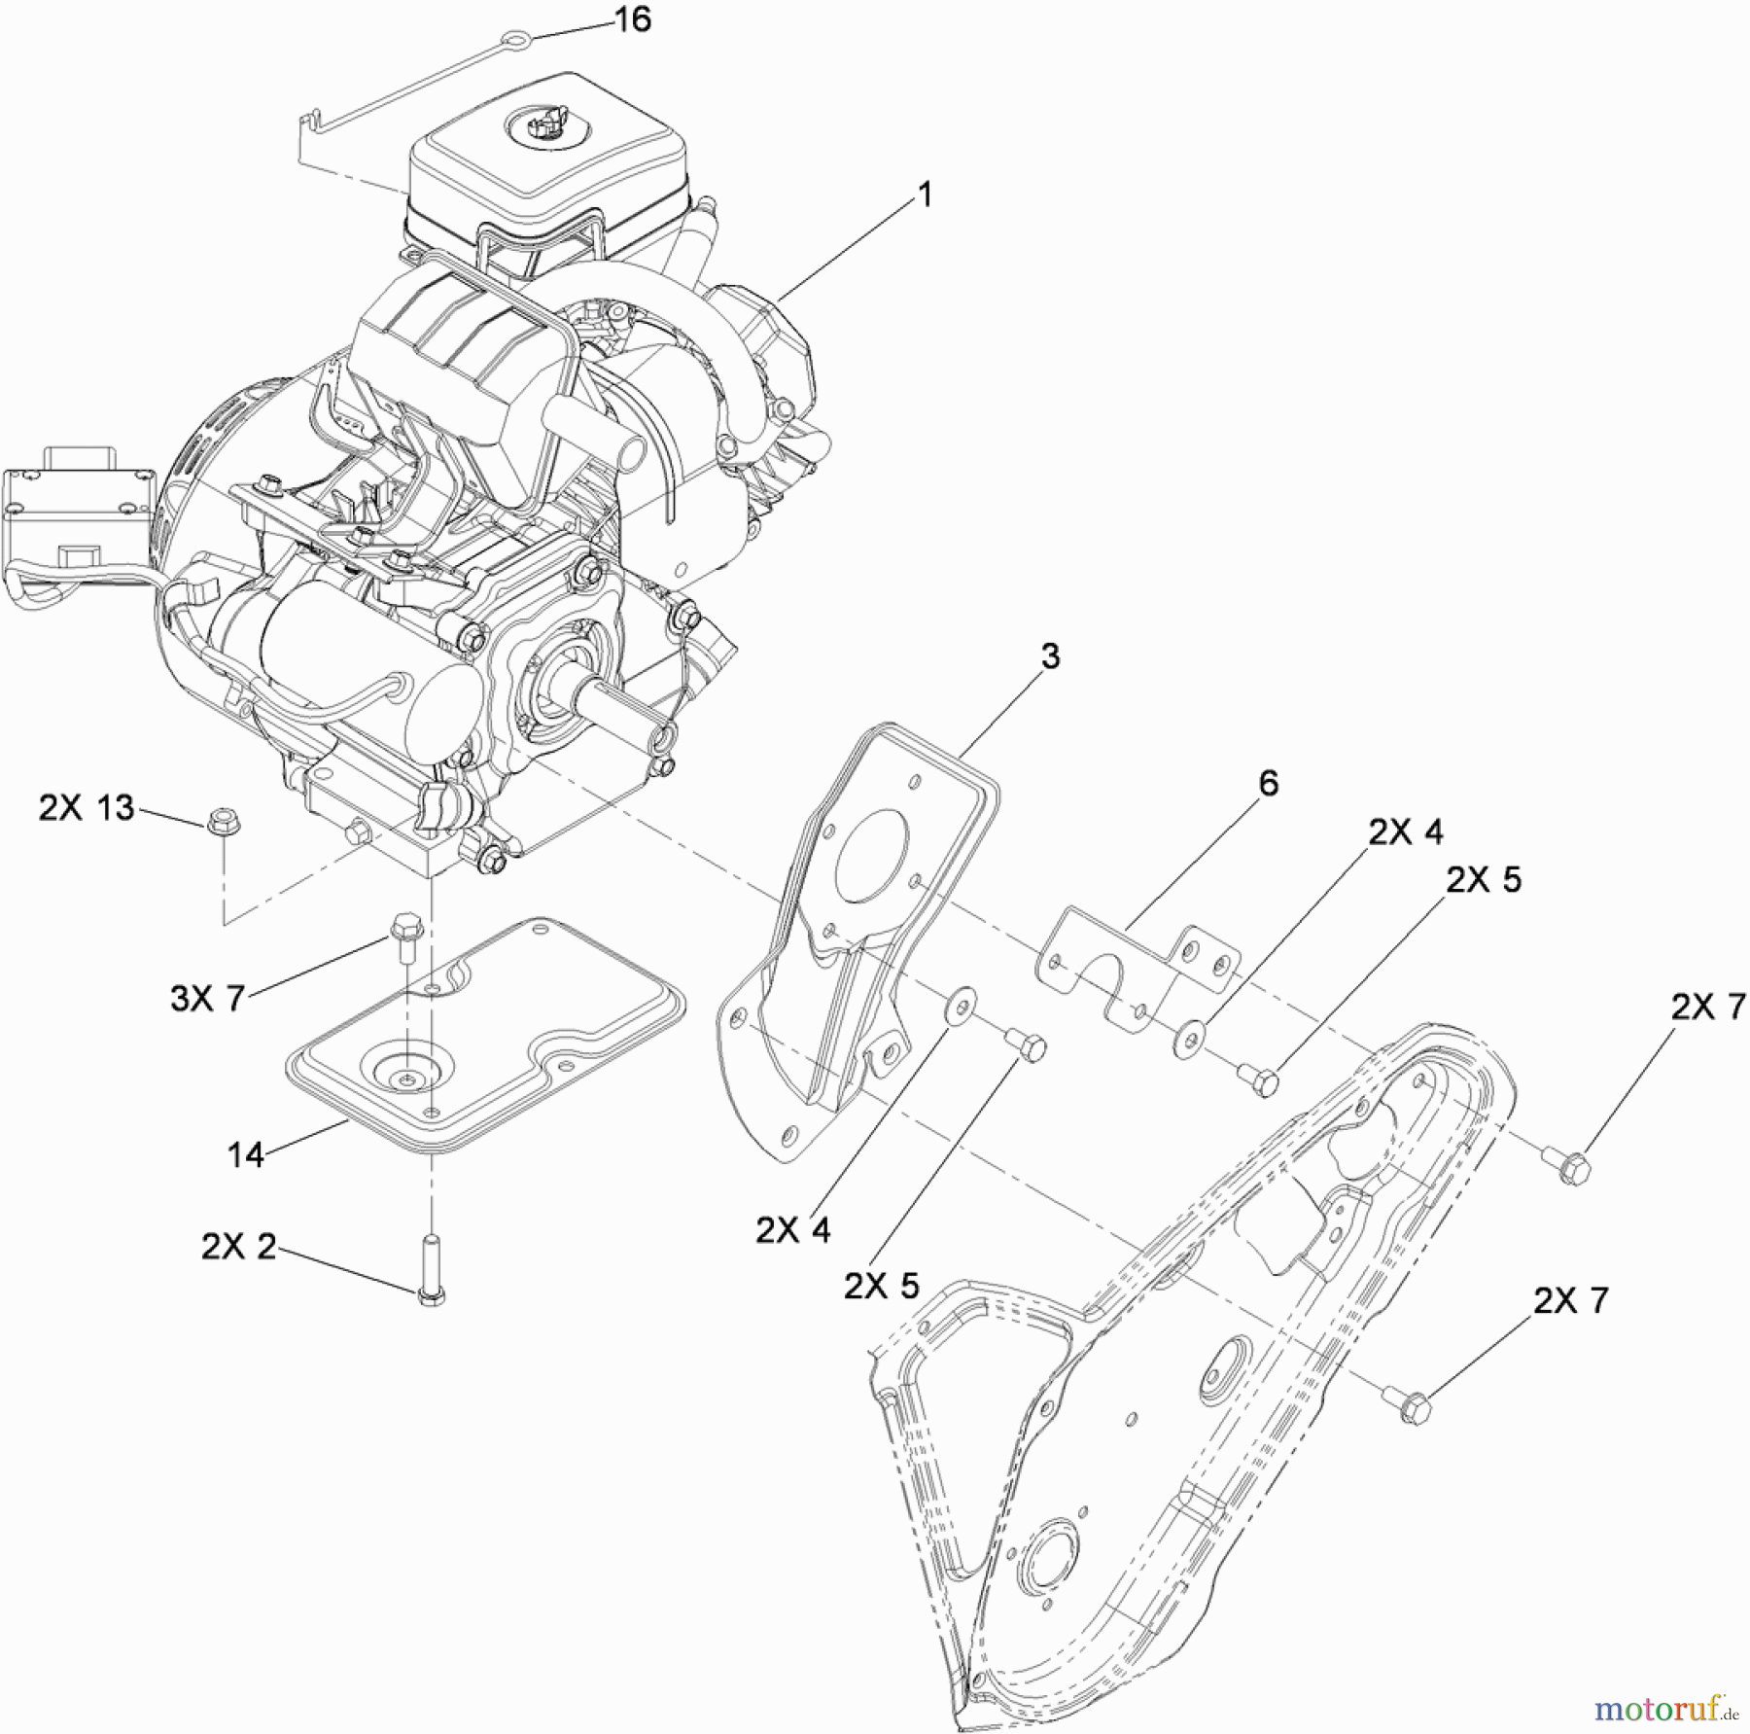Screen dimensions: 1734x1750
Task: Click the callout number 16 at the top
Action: click(634, 19)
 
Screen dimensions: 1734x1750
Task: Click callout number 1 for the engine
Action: click(925, 195)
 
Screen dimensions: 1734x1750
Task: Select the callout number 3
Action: click(1050, 656)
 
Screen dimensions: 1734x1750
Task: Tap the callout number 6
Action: click(1268, 783)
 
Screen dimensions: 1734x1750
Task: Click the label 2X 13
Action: click(87, 807)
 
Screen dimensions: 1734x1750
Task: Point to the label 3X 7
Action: click(207, 998)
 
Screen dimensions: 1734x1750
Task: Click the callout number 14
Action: click(246, 1155)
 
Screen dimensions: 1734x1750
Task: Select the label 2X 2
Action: click(238, 1247)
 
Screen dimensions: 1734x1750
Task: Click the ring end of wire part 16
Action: click(510, 39)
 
